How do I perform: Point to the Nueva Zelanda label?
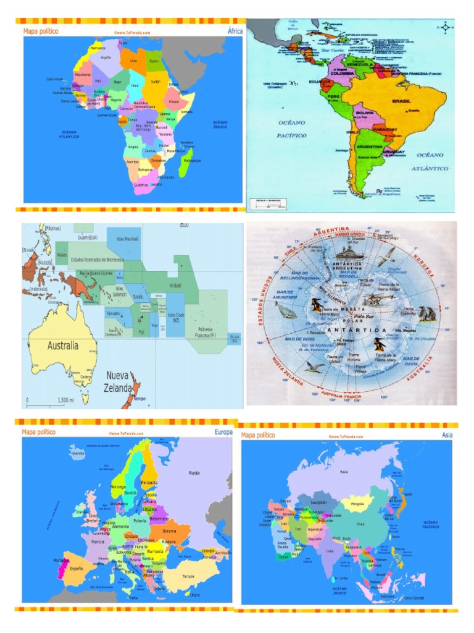119,382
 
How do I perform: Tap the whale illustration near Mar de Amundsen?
285,311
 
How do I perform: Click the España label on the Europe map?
77,567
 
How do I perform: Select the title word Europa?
223,433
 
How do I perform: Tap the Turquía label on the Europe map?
188,576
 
